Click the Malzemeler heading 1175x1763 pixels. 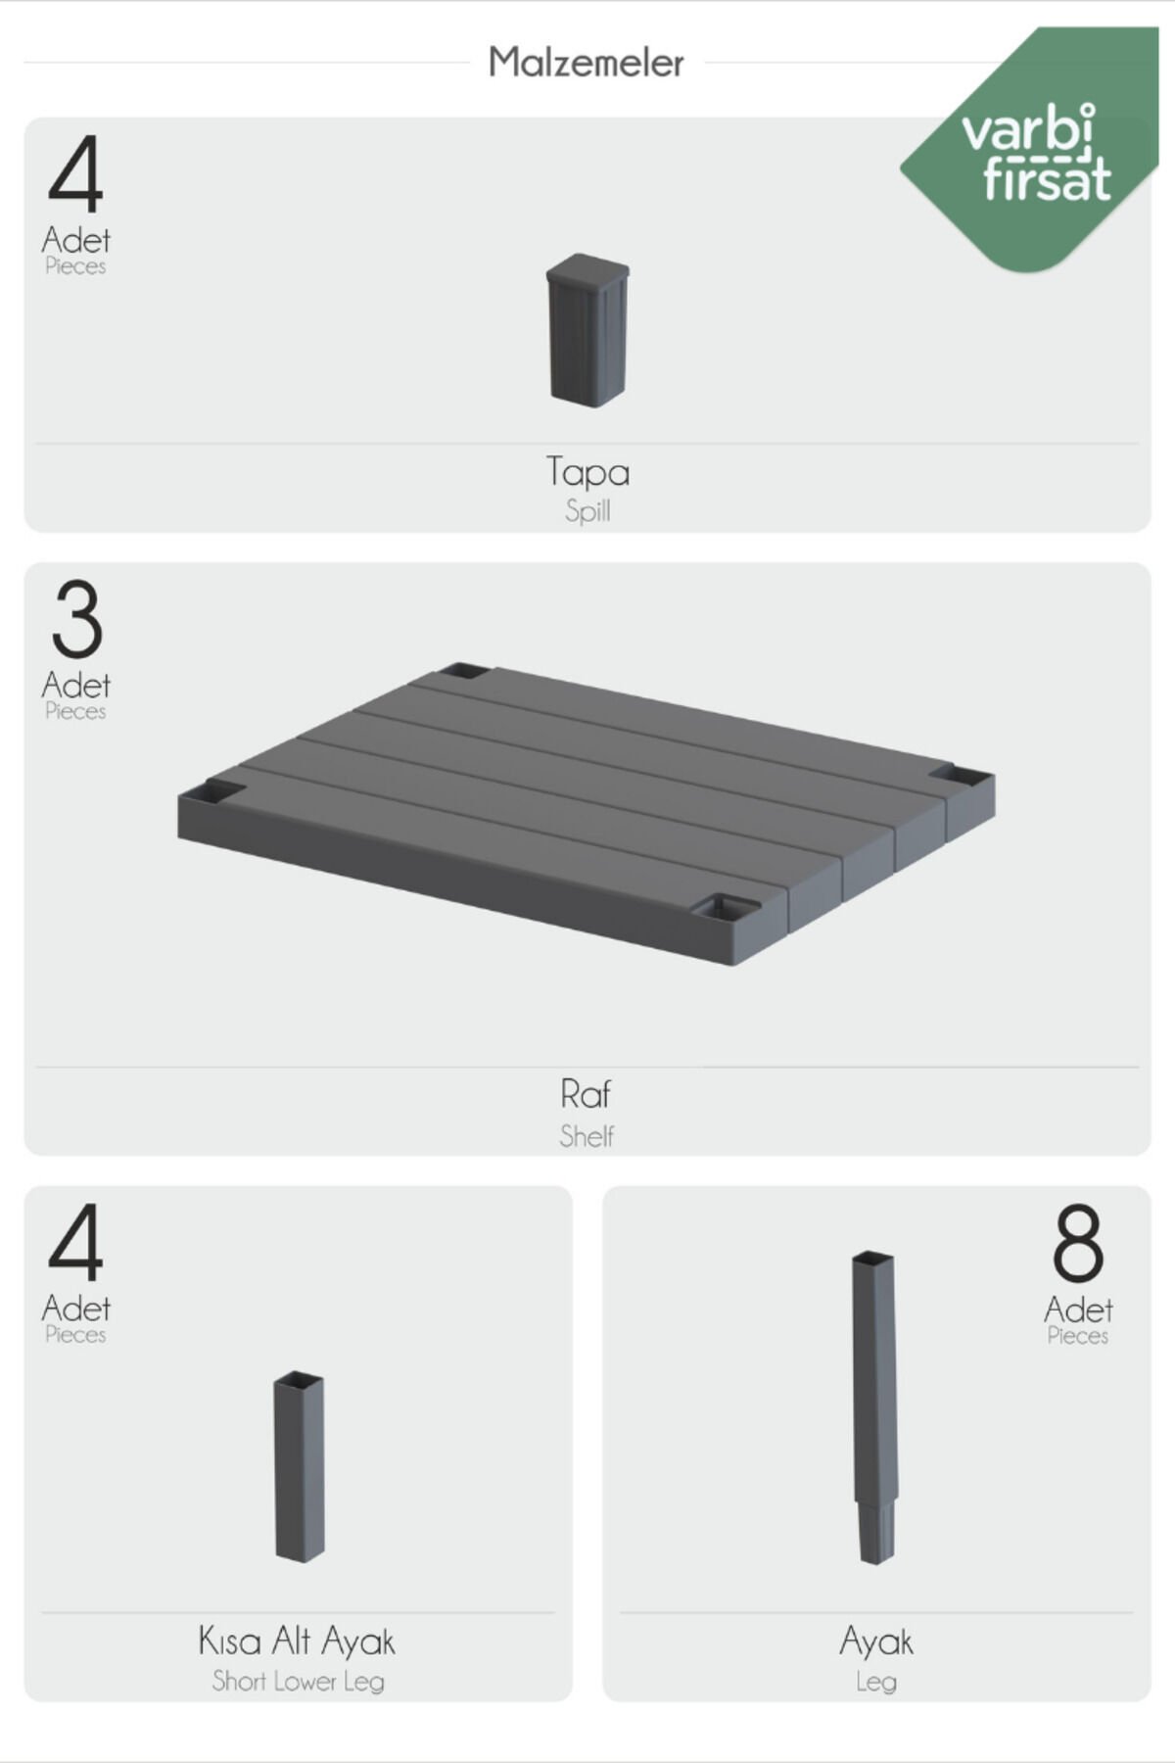click(586, 63)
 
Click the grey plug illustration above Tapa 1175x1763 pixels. click(587, 330)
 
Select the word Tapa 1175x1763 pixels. click(587, 472)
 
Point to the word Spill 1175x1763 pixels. click(587, 510)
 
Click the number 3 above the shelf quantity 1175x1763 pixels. click(76, 619)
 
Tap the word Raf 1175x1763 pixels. click(586, 1093)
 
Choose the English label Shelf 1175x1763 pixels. click(587, 1136)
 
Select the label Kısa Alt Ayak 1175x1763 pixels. click(297, 1641)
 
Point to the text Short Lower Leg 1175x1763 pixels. click(299, 1682)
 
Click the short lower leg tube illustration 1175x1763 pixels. click(299, 1467)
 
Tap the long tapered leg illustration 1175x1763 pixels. click(873, 1407)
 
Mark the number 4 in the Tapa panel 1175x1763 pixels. click(75, 174)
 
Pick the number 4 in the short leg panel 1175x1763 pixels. click(75, 1243)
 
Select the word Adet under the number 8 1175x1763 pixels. click(1078, 1310)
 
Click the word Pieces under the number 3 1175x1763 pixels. click(75, 711)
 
